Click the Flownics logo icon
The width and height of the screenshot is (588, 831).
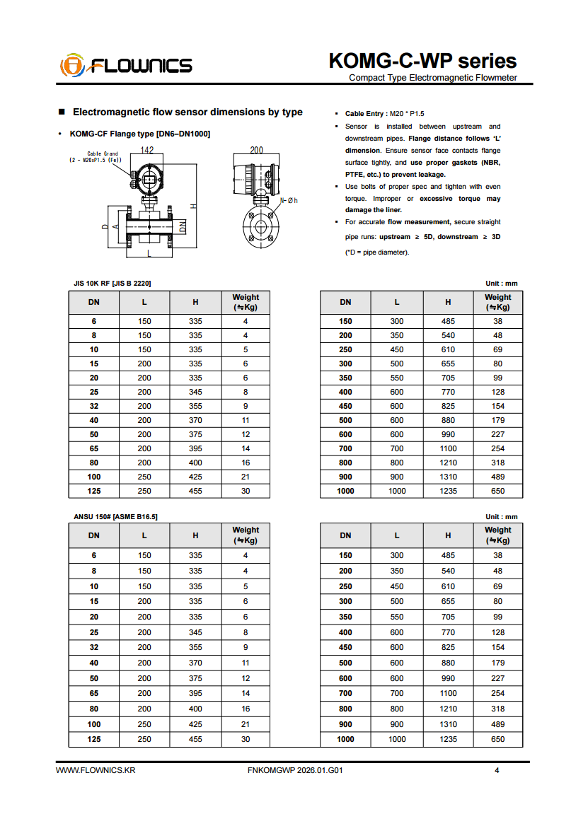[71, 65]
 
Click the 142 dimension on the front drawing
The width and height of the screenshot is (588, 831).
[147, 150]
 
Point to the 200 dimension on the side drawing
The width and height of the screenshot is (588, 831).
[257, 150]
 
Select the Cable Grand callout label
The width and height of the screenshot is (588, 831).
[103, 153]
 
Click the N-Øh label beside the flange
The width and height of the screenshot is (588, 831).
[289, 201]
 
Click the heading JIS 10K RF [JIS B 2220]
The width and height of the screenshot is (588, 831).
[113, 284]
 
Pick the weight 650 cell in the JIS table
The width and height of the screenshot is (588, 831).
[498, 491]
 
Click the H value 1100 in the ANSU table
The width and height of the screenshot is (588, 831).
[448, 693]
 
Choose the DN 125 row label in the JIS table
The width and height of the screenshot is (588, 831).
[94, 491]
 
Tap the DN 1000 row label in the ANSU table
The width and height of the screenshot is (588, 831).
[345, 739]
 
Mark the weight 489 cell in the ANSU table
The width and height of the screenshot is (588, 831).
[498, 724]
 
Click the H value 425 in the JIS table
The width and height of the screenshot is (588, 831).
[195, 477]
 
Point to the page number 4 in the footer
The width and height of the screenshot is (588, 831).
[497, 770]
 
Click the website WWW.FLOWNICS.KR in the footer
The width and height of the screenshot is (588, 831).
[96, 770]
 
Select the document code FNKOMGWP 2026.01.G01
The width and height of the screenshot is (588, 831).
[296, 770]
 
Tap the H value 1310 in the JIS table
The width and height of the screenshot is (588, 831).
[448, 477]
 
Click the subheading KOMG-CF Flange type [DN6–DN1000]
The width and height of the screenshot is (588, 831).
[139, 134]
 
